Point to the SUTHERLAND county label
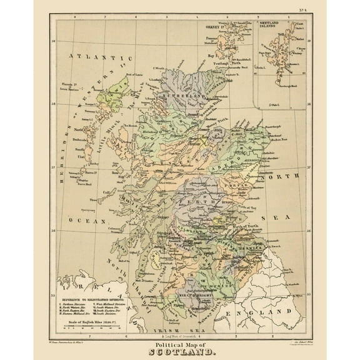click(182, 97)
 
